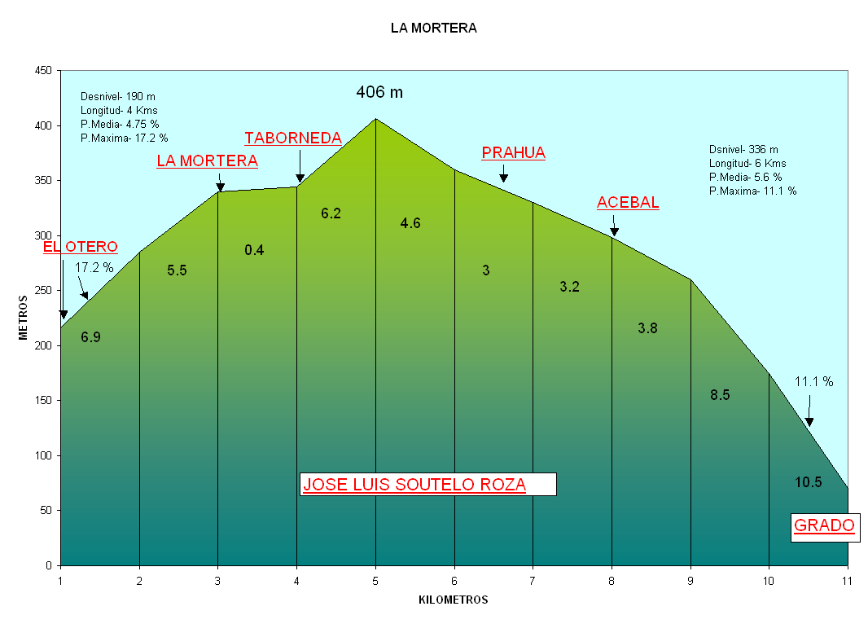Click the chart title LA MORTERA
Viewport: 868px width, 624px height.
point(433,29)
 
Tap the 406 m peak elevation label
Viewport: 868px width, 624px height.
point(379,93)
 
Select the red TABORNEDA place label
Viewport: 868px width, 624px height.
point(293,138)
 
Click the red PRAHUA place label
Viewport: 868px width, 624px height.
point(513,153)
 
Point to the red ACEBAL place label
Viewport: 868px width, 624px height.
point(628,203)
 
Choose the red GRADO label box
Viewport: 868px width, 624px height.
point(824,526)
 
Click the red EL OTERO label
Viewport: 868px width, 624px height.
point(81,247)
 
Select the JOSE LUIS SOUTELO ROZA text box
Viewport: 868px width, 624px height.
point(427,485)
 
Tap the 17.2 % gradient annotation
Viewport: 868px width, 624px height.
point(94,267)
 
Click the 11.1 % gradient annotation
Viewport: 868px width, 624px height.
point(813,381)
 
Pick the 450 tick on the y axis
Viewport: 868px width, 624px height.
point(44,71)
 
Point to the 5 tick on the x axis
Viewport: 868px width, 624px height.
point(375,581)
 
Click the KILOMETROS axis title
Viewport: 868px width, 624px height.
point(454,600)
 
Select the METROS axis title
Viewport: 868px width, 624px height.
point(24,318)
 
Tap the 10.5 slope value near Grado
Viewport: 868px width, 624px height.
point(809,482)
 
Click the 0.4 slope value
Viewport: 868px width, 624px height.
point(254,250)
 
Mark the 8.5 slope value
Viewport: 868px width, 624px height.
point(720,395)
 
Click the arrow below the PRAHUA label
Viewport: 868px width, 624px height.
point(503,173)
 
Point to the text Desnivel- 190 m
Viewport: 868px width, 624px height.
point(118,97)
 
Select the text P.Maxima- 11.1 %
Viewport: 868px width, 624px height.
point(752,191)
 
